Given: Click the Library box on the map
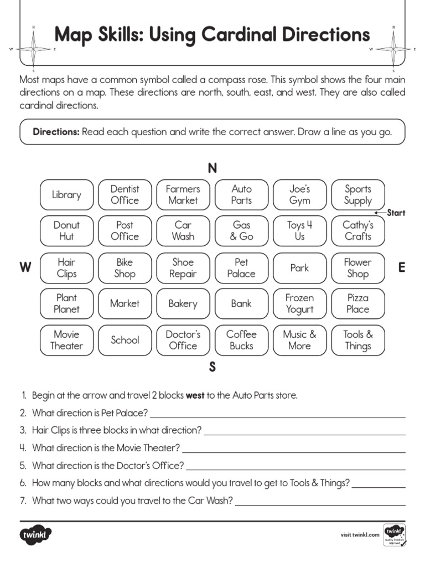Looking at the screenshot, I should (66, 195).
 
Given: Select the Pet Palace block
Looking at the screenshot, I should (241, 267).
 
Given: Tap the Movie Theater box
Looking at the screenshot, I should (66, 340).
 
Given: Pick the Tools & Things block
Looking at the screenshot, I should (357, 340).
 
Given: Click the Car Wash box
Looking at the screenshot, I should (183, 231).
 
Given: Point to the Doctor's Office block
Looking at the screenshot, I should (183, 340).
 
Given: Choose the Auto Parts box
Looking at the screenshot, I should (241, 195).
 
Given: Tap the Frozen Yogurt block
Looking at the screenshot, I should (299, 303).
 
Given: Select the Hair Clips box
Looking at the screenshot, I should (66, 267).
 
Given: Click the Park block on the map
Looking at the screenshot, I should (299, 267).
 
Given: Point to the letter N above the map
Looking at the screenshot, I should (212, 168).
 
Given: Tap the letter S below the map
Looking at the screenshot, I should (212, 367).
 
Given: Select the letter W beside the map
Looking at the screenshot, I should (25, 268).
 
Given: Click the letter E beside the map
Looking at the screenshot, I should (401, 268).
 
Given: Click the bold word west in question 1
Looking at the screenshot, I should (195, 395).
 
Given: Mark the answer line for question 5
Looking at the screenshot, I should (296, 469).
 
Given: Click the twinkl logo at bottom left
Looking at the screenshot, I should (36, 535).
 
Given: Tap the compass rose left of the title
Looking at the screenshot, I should (33, 49).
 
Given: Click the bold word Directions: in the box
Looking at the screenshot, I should (56, 132).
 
